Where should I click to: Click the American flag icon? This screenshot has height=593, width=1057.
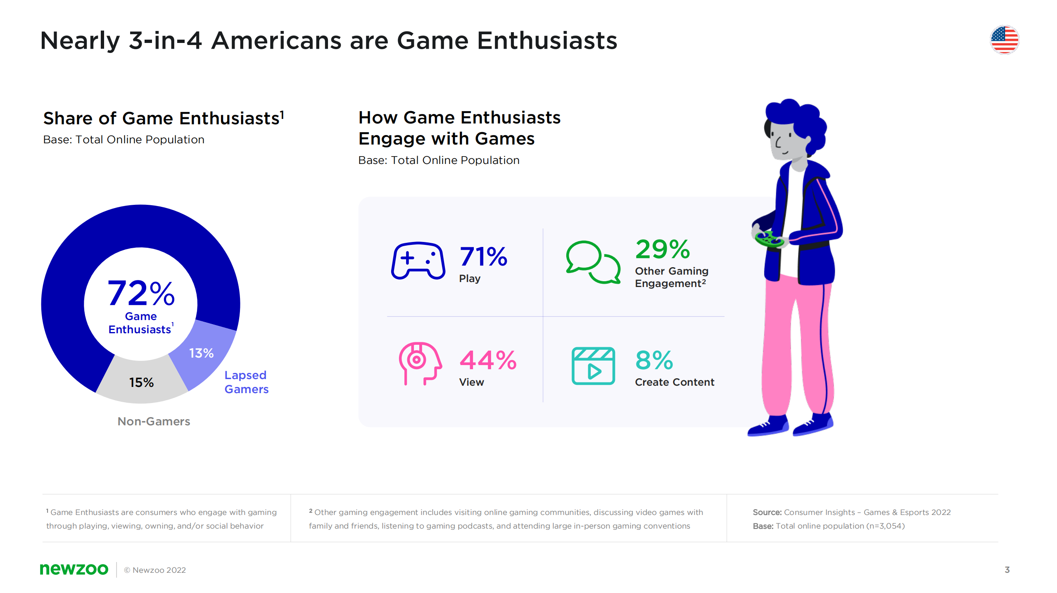tap(1004, 40)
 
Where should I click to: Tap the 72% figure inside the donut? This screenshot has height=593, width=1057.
tap(141, 293)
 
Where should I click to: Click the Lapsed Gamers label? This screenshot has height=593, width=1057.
tap(246, 382)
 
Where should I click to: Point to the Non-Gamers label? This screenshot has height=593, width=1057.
tap(154, 421)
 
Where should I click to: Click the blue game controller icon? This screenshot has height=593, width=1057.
tap(418, 261)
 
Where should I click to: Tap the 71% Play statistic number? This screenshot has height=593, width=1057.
tap(483, 256)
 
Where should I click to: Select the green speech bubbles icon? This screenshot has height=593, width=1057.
tap(593, 262)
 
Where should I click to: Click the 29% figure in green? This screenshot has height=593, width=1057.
tap(663, 249)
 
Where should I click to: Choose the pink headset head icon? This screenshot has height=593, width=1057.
tap(420, 363)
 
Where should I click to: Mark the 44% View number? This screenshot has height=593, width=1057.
tap(488, 360)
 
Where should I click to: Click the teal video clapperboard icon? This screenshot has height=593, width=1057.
tap(593, 366)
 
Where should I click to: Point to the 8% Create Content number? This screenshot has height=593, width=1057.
tap(654, 360)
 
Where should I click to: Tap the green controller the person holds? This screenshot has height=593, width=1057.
tap(769, 239)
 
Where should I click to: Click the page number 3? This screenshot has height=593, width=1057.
tap(1007, 570)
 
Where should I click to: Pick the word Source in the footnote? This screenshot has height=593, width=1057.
tap(767, 512)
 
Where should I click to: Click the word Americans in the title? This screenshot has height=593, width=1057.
tap(300, 41)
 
